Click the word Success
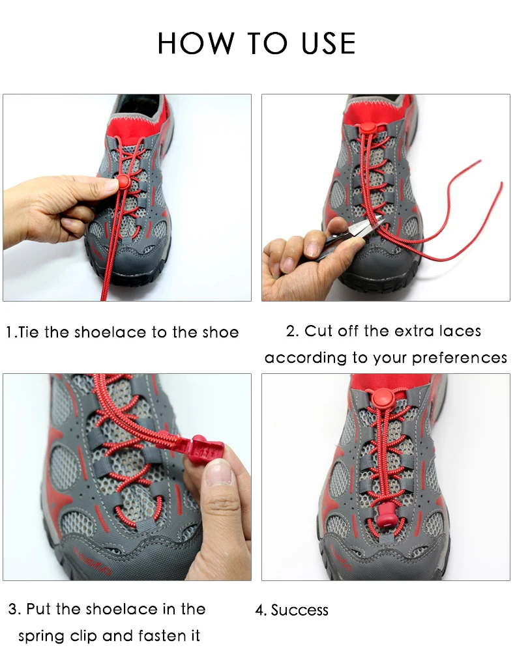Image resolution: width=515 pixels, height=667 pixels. click(300, 610)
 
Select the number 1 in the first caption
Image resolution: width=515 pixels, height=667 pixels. click(10, 332)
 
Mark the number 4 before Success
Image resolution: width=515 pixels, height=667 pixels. click(259, 611)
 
